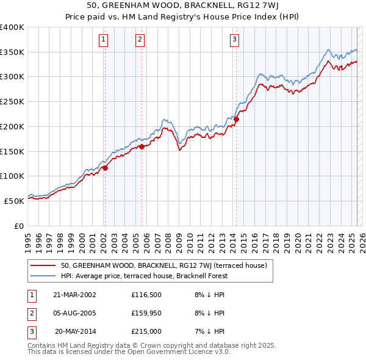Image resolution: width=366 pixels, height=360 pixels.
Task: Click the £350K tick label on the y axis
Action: click(12, 52)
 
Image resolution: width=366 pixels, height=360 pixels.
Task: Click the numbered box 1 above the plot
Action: click(104, 40)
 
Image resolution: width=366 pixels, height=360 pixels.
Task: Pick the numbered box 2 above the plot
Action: click(140, 40)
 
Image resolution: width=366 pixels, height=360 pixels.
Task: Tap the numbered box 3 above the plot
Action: click(235, 40)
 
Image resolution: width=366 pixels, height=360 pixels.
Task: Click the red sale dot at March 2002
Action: click(105, 168)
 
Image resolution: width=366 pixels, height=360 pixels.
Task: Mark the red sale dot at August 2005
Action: click(142, 146)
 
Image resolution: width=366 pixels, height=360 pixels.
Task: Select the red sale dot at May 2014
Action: click(236, 120)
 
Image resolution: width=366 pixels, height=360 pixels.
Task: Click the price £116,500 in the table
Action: click(145, 295)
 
